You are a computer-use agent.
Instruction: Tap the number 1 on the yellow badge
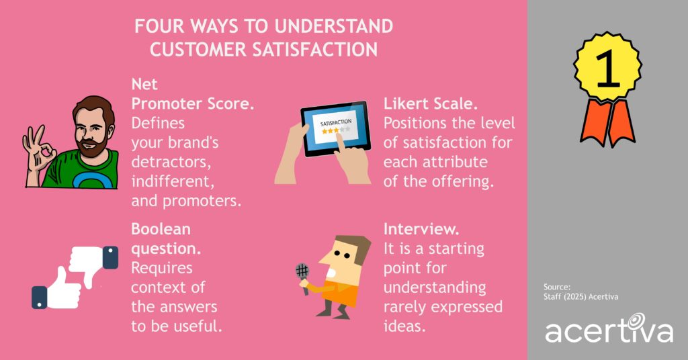(x=608, y=70)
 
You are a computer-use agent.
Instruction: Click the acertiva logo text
(x=608, y=331)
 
